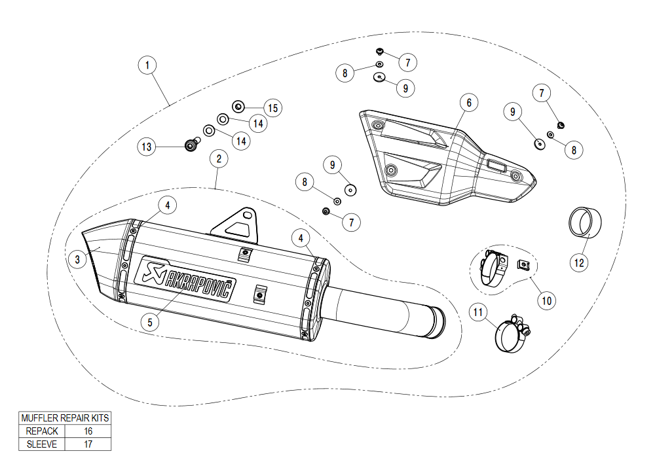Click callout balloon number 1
(x=148, y=65)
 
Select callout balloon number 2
(x=219, y=158)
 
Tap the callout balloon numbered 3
(x=77, y=259)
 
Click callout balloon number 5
(x=150, y=322)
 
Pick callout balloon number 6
(x=469, y=103)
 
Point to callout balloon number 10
(x=546, y=300)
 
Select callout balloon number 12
(x=579, y=262)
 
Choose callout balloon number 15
(x=272, y=108)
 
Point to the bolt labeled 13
(x=191, y=145)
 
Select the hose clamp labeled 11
(x=509, y=333)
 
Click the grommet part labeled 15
(x=238, y=105)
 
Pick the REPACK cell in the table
(x=42, y=431)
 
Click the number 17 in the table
(x=88, y=444)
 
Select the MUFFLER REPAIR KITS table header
(x=65, y=418)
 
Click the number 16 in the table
(x=88, y=431)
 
